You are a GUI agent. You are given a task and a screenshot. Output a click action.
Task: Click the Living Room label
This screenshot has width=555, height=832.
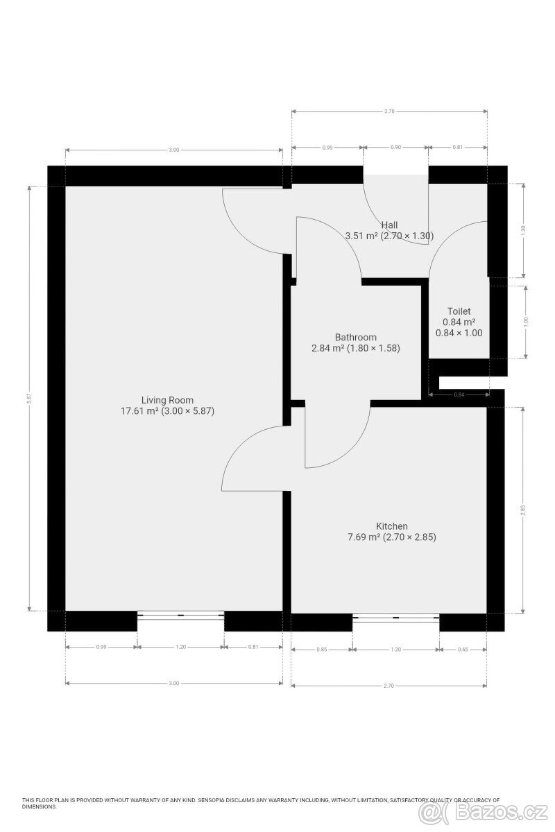167,400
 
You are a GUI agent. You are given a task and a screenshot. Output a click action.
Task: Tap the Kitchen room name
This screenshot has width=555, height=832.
392,526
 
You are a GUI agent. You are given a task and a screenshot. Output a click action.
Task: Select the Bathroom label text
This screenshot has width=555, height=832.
355,338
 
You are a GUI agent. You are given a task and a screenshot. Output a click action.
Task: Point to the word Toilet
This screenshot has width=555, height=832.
459,312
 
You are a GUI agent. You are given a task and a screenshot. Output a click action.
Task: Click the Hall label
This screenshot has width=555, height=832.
389,225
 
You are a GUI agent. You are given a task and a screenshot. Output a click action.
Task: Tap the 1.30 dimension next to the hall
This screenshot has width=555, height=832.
524,229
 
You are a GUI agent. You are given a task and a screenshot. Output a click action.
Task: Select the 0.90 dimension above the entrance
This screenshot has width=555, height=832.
395,148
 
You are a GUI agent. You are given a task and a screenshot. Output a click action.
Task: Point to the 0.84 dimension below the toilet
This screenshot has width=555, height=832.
459,395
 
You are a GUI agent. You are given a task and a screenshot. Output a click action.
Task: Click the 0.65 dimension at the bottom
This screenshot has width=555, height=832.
463,649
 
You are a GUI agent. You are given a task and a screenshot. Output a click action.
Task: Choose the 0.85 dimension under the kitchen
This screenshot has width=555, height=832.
321,649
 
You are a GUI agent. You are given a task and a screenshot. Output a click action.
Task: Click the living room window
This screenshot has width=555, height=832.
180,614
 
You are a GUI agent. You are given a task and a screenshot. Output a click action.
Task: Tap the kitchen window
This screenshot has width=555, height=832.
395,616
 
